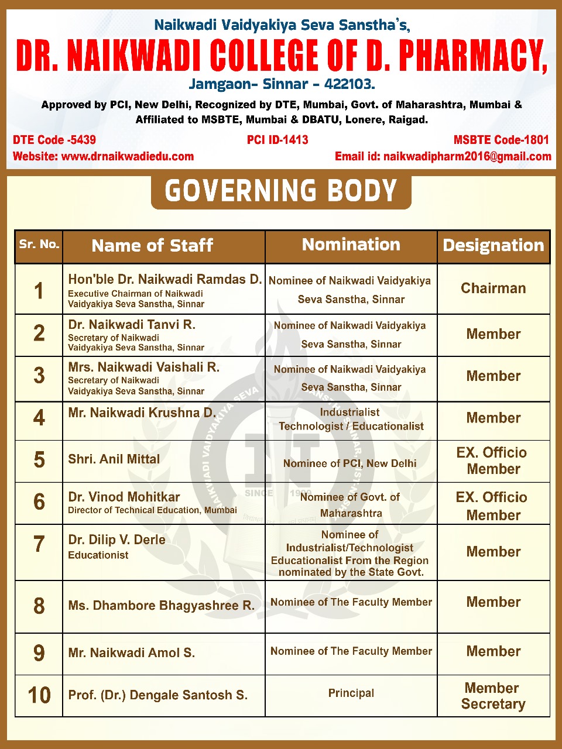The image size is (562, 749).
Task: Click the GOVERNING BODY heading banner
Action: click(x=281, y=191)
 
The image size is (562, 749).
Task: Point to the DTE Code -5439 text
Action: click(x=54, y=140)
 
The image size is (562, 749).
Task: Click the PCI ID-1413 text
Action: click(x=277, y=140)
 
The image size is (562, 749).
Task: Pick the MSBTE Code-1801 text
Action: click(x=501, y=140)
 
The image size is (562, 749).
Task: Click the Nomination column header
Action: click(x=351, y=245)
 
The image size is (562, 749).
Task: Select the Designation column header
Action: click(x=494, y=245)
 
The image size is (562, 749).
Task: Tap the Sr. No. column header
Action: click(x=39, y=245)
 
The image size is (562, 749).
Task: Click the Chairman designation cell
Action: click(x=494, y=288)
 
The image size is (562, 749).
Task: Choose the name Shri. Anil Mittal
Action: click(x=114, y=459)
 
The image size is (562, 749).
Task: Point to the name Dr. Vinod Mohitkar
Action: click(x=124, y=497)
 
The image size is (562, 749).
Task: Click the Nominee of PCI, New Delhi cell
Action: click(x=350, y=463)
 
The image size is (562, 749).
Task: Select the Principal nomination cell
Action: click(x=351, y=693)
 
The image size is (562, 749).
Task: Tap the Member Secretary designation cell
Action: click(x=493, y=696)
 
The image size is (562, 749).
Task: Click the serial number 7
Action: click(x=39, y=544)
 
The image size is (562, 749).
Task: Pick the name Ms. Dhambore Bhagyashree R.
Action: click(x=162, y=606)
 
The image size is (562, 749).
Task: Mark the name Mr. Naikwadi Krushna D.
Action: click(x=142, y=413)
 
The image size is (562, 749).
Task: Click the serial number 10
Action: click(x=39, y=695)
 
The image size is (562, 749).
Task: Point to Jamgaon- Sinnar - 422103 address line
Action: click(x=282, y=84)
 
